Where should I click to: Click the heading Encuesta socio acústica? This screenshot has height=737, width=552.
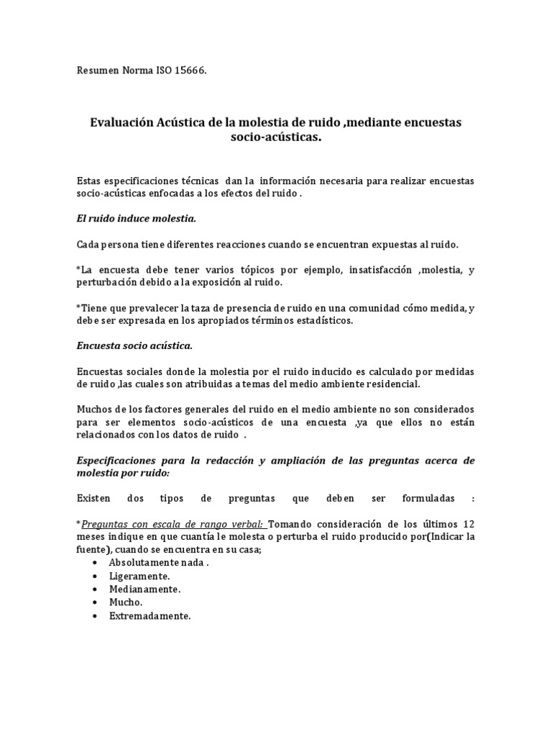[x=134, y=345]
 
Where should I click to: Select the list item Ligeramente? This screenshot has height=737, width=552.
[x=139, y=576]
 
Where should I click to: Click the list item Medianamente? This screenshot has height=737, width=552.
[x=144, y=589]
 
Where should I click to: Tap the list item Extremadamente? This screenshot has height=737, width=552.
[x=149, y=616]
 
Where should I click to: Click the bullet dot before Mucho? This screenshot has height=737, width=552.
[x=95, y=602]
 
